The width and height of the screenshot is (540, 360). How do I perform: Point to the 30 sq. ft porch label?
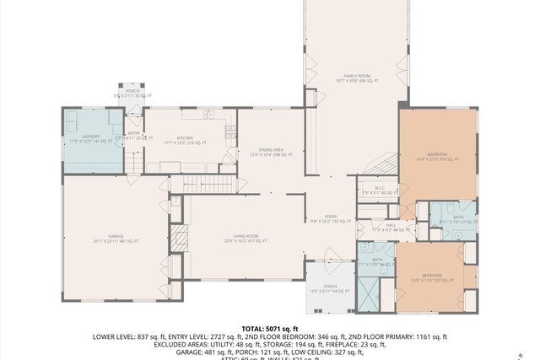(x=132, y=93)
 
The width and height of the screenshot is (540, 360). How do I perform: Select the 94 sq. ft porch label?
(x=330, y=289)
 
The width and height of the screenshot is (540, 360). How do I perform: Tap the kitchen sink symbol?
(x=229, y=131)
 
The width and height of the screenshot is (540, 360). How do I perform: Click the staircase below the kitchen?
(x=207, y=184)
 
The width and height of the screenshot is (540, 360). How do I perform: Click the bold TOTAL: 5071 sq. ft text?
(x=270, y=328)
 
